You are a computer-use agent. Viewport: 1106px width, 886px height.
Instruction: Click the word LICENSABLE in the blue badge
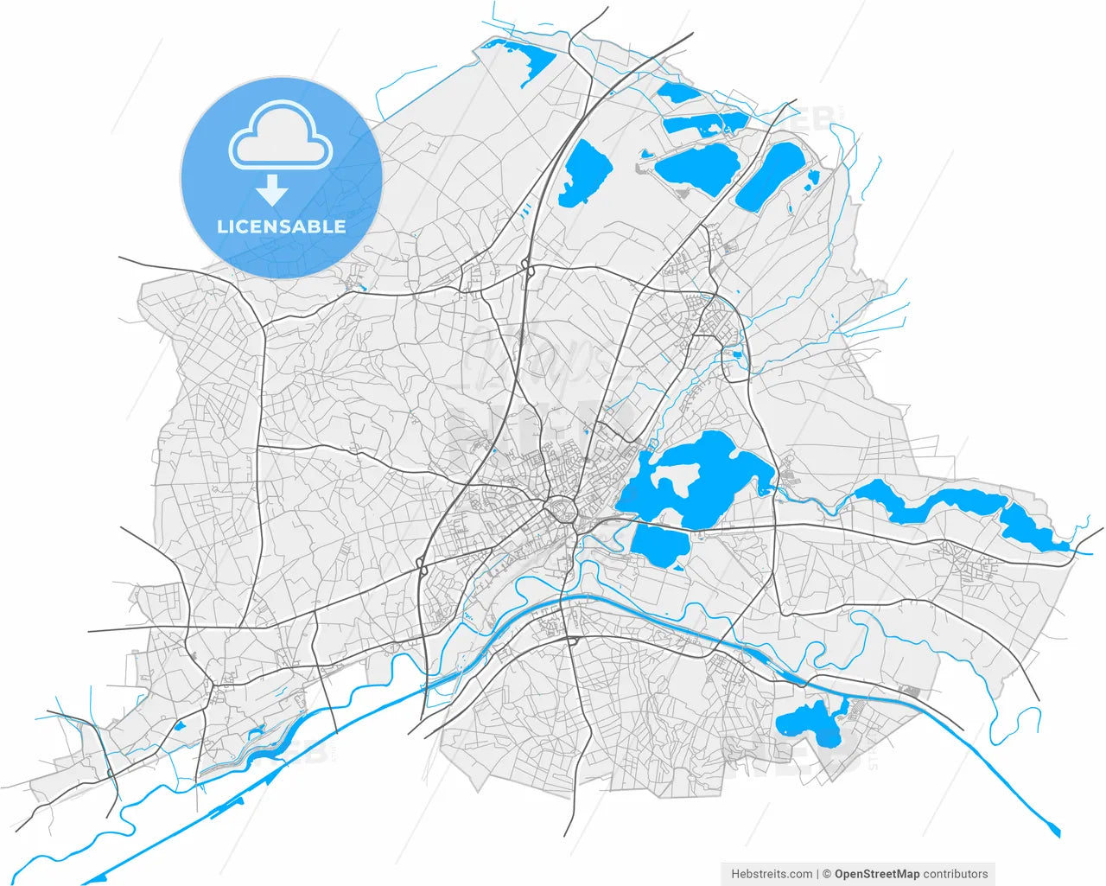tap(281, 227)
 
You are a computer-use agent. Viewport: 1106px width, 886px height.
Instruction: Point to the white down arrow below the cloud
tap(272, 189)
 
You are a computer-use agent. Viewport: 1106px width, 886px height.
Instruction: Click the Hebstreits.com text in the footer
tap(772, 874)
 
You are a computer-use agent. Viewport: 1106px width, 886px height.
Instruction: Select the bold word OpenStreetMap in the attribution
tap(877, 874)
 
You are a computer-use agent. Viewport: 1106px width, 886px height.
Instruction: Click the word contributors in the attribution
tap(956, 874)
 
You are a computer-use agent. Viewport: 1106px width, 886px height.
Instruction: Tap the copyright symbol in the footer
tap(827, 874)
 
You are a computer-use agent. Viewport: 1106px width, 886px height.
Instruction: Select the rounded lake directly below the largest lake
tap(659, 545)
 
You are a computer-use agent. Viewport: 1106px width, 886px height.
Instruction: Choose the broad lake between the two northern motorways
tap(696, 166)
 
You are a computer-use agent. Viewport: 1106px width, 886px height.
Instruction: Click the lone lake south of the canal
tap(810, 722)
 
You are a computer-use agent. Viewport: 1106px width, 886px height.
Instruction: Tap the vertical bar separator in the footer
tap(818, 874)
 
